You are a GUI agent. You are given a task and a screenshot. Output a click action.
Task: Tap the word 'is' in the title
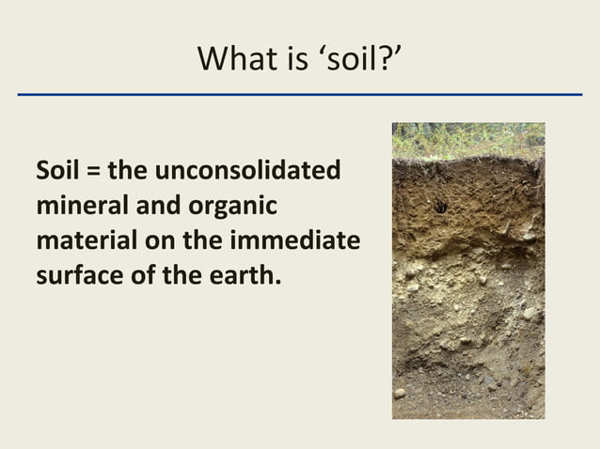click(293, 61)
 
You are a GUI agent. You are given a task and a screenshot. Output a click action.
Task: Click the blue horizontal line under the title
click(300, 95)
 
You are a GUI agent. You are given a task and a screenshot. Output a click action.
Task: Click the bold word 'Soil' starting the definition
click(57, 172)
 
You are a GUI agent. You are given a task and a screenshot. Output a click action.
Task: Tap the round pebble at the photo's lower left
click(401, 393)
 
